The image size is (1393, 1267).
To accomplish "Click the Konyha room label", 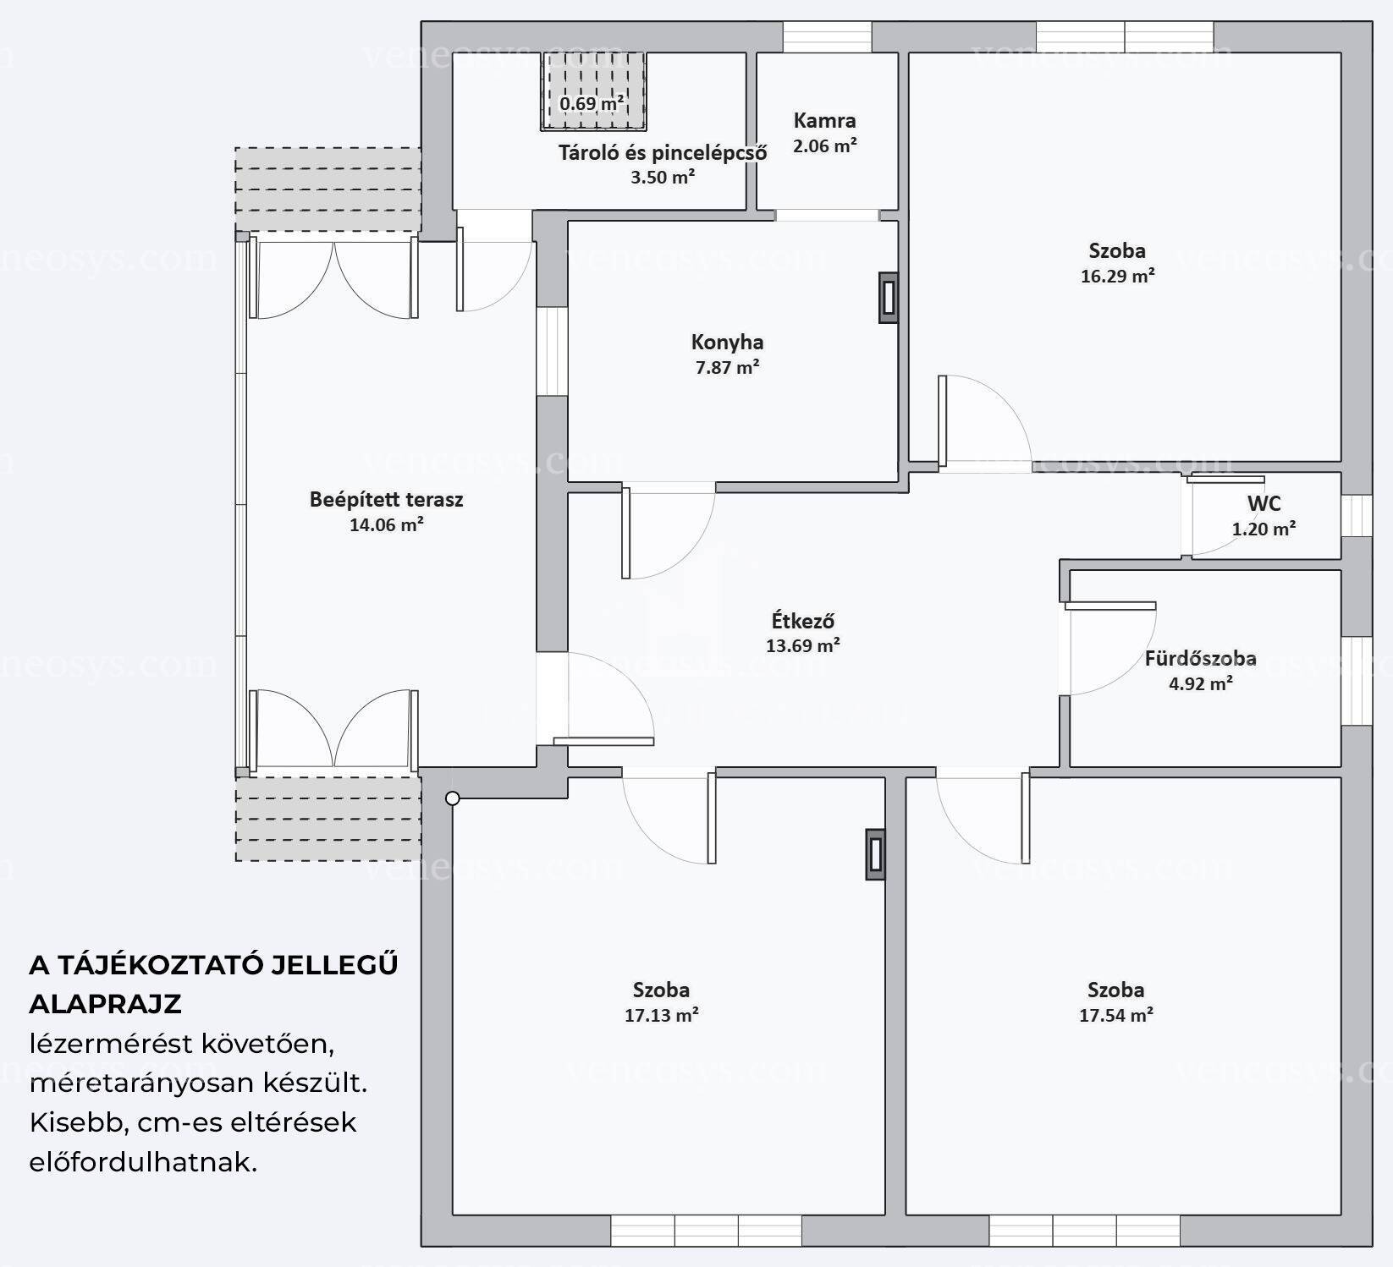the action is [727, 343].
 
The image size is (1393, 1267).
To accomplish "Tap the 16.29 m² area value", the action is [1117, 276].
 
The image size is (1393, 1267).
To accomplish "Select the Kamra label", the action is [824, 121].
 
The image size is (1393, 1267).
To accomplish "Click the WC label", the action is [1264, 503].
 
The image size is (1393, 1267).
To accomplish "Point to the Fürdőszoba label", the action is [1200, 658].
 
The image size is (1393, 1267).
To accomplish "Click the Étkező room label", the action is [803, 620].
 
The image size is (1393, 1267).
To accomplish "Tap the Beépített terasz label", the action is [386, 500].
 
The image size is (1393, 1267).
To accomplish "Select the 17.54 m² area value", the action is [1115, 1015].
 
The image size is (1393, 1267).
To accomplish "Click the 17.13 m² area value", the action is [661, 1015].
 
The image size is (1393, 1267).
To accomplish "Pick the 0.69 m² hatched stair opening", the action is [593, 91].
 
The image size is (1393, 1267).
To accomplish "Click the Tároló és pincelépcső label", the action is [663, 153].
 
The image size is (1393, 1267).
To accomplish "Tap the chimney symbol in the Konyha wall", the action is [888, 297].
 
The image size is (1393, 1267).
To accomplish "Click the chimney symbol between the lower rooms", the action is [875, 854].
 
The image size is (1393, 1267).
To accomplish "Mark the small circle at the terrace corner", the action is [453, 798].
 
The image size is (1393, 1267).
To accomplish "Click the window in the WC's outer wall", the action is [1356, 515].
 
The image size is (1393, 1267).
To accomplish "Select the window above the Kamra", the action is [827, 37].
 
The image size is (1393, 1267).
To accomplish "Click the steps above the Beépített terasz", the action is [328, 189].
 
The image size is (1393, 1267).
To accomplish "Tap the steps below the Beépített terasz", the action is [328, 819].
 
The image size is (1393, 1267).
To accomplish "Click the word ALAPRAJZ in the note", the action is [105, 1004].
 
